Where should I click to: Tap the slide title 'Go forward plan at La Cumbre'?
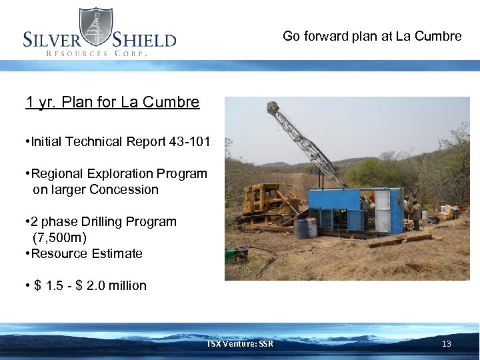coord(372,36)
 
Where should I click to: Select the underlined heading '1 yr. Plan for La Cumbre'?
coord(112,102)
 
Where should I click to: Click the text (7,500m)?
coord(59,237)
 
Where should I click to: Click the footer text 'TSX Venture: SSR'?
coord(239,344)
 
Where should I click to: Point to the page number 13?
coord(446,344)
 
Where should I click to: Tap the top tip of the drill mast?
coord(271,107)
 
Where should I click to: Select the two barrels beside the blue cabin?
coord(306,228)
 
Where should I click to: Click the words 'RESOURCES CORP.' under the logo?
coord(96,53)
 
